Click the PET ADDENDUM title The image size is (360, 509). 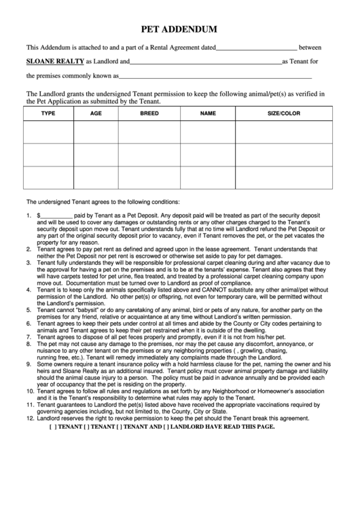pyautogui.click(x=179, y=30)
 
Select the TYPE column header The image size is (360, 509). pyautogui.click(x=48, y=113)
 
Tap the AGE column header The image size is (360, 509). pyautogui.click(x=96, y=113)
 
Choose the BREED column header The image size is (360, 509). pyautogui.click(x=149, y=113)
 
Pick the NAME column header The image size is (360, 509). pyautogui.click(x=208, y=113)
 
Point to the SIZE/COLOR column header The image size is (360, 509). pyautogui.click(x=284, y=113)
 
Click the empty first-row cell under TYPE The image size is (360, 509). pyautogui.click(x=48, y=132)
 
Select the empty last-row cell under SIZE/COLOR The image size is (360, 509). pyautogui.click(x=284, y=177)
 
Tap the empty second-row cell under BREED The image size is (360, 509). pyautogui.click(x=149, y=155)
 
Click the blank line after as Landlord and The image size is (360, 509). pyautogui.click(x=205, y=62)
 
